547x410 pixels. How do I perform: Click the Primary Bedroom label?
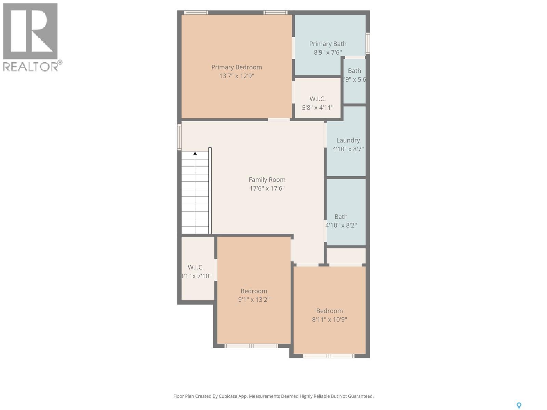click(x=236, y=67)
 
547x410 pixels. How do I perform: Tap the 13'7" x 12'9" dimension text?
click(x=236, y=76)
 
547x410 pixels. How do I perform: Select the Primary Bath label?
click(x=328, y=44)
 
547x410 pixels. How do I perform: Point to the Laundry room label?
click(x=348, y=140)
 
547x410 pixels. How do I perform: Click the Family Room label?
click(x=267, y=179)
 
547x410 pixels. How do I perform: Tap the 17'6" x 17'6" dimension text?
click(x=267, y=188)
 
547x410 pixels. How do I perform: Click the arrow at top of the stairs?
click(x=195, y=153)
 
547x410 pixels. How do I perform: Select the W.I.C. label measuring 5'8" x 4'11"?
click(x=317, y=99)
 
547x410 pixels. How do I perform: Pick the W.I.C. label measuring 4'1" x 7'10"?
click(x=196, y=267)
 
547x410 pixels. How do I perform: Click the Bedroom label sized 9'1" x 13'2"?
click(x=254, y=291)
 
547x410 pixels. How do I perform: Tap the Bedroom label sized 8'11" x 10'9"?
click(x=329, y=311)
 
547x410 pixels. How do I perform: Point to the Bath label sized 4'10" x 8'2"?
click(x=341, y=217)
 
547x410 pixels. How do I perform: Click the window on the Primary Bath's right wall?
click(x=368, y=43)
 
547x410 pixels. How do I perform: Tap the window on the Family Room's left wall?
click(x=179, y=137)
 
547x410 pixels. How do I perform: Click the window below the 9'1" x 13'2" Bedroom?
click(x=251, y=346)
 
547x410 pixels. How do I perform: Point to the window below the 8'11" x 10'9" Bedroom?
click(x=329, y=356)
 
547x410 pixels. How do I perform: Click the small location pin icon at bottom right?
click(x=519, y=406)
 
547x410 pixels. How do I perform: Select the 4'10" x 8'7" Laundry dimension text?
click(x=348, y=149)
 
